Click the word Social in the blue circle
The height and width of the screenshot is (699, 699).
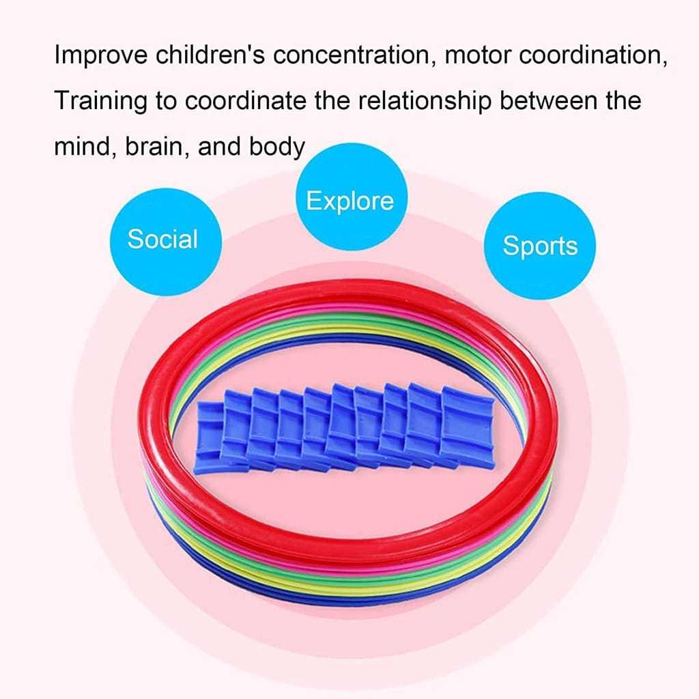point(162,240)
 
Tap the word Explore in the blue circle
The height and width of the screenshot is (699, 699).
point(349,201)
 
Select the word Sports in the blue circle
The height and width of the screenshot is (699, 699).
point(539,246)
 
